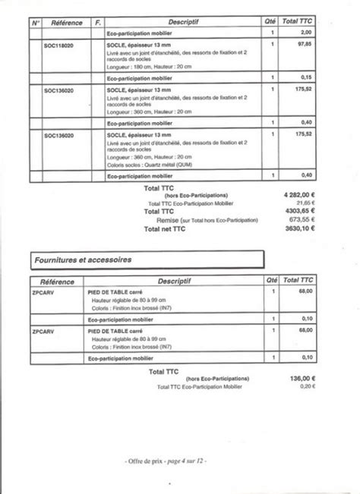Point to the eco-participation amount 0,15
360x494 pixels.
click(306, 77)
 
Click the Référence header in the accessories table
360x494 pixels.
click(58, 281)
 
